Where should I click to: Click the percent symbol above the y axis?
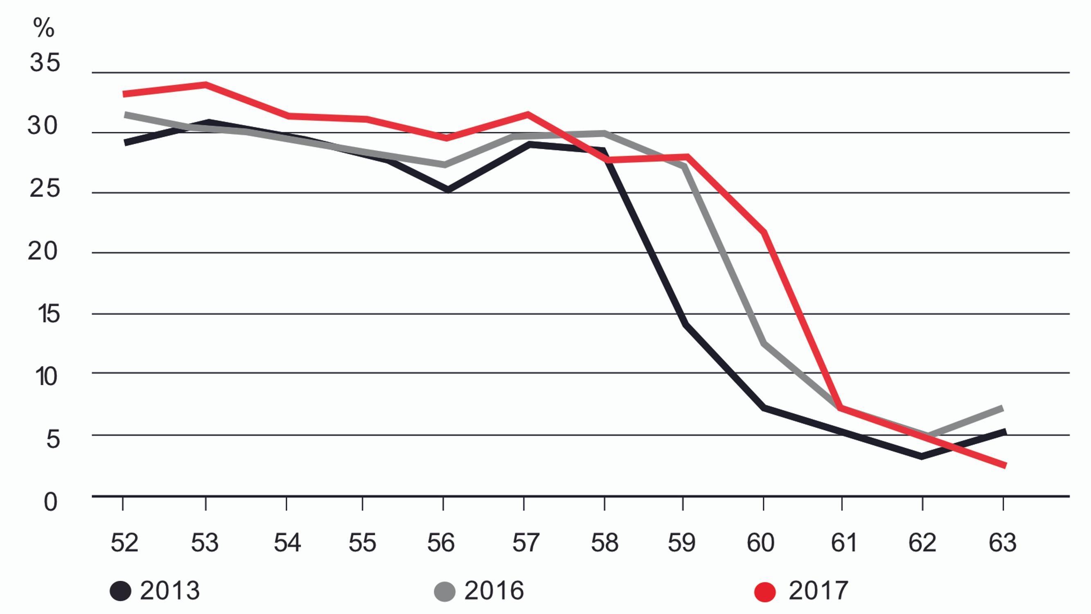[44, 28]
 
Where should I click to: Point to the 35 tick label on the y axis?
[45, 63]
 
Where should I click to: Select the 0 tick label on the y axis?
[50, 502]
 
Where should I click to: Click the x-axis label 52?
[124, 543]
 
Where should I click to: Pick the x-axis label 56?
[440, 543]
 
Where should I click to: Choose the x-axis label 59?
[681, 543]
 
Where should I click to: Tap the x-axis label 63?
[1002, 543]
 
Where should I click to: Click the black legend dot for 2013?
[120, 591]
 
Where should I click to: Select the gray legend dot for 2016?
[445, 591]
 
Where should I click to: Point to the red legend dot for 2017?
[765, 591]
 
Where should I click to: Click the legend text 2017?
[818, 590]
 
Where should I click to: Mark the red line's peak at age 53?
[205, 85]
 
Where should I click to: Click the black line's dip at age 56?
[447, 190]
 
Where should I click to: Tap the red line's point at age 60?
[764, 232]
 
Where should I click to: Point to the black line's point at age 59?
[684, 325]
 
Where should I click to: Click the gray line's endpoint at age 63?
[1002, 408]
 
